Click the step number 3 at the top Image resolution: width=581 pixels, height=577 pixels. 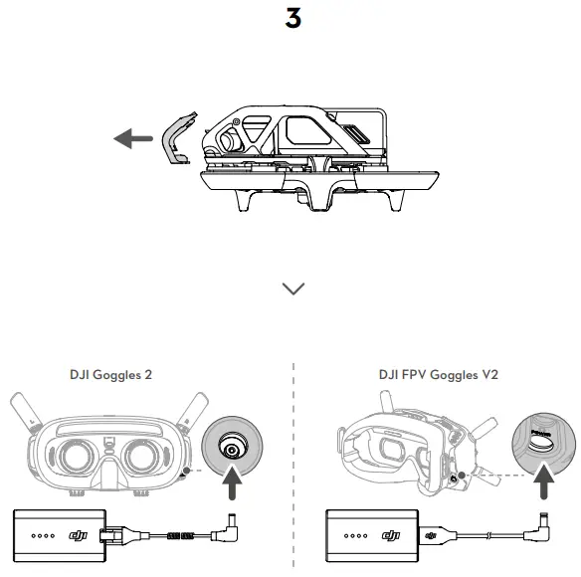292,19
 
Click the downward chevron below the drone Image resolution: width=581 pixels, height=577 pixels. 293,288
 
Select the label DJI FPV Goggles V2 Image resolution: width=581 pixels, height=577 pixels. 438,376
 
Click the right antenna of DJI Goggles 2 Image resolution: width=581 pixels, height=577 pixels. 195,414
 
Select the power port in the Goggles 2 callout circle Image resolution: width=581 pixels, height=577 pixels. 233,451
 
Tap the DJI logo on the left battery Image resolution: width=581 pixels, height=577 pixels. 77,538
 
